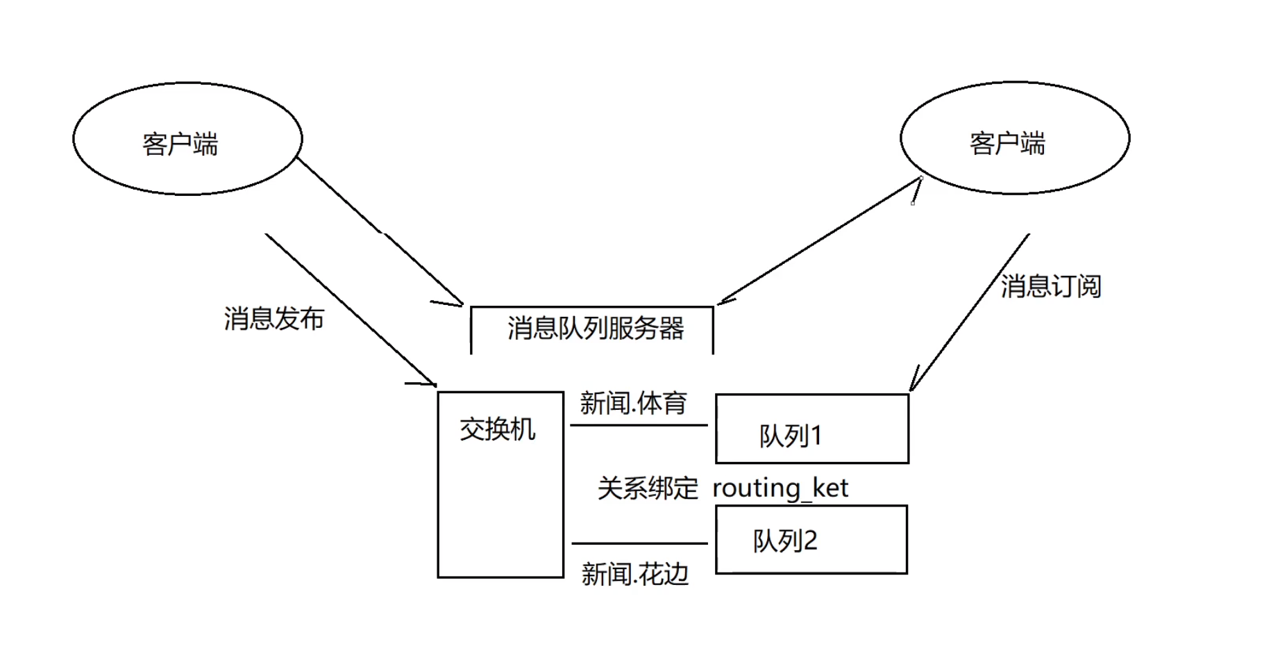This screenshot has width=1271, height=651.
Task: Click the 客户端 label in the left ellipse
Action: (x=180, y=145)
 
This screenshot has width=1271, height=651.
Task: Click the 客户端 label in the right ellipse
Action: (x=1007, y=144)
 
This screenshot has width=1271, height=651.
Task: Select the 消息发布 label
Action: (x=273, y=319)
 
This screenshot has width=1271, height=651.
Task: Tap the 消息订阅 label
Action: (x=1050, y=286)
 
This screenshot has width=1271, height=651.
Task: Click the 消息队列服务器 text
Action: (x=595, y=329)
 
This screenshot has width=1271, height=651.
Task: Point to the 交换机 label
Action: (x=497, y=429)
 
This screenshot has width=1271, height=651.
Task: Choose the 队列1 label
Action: (x=790, y=436)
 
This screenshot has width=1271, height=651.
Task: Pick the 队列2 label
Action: (x=785, y=541)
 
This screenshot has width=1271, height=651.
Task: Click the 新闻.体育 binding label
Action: (x=633, y=403)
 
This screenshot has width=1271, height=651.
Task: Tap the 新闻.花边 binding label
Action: (x=634, y=575)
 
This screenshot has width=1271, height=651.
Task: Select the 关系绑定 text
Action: (x=647, y=488)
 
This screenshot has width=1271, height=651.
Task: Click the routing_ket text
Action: (x=780, y=488)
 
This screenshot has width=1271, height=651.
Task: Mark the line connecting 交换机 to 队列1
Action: (x=639, y=425)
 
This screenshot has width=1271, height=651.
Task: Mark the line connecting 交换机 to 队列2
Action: (x=639, y=543)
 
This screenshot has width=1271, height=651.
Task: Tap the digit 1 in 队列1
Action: (x=816, y=436)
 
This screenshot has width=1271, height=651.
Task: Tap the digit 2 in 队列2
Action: (x=809, y=541)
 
